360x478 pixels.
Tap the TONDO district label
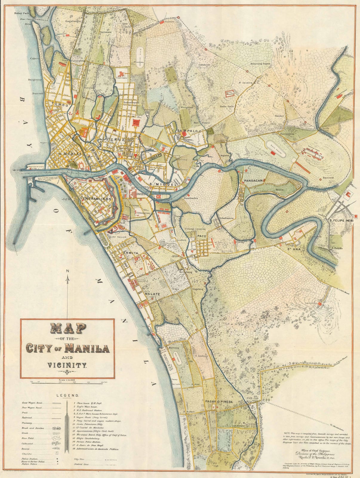coord(58,105)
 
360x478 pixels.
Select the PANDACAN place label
coord(253,181)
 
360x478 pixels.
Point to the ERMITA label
coord(130,253)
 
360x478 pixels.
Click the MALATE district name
coord(152,294)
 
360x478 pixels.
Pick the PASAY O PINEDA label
coord(219,402)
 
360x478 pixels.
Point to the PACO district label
coord(200,236)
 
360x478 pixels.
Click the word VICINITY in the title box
coord(67,365)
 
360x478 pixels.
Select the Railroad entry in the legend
coord(27,418)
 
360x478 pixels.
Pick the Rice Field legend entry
coord(27,438)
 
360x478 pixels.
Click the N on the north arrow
coord(68,271)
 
